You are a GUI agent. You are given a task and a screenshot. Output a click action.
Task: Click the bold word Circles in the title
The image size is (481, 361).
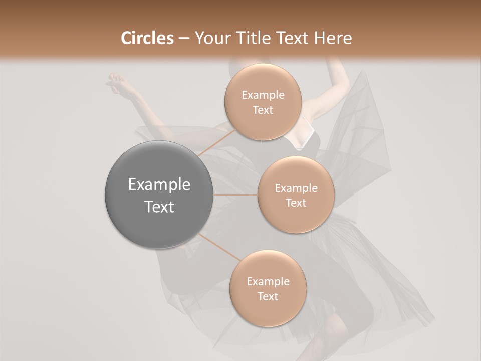tap(147, 38)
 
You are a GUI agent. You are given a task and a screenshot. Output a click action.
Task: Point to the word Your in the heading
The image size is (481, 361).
tap(209, 38)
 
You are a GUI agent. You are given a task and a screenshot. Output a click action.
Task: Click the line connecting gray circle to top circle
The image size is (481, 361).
tap(216, 143)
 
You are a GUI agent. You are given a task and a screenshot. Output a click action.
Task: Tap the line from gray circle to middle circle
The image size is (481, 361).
tap(235, 195)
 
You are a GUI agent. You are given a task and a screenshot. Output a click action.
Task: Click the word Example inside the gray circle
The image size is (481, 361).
tap(159, 185)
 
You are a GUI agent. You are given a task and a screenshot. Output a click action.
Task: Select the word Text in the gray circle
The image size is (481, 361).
tap(159, 207)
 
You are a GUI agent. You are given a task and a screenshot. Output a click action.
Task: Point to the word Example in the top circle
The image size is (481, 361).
tap(263, 95)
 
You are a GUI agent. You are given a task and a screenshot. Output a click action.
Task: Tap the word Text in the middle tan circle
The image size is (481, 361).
tap(296, 203)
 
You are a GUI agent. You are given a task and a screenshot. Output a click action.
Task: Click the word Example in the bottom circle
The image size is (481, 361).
tap(268, 282)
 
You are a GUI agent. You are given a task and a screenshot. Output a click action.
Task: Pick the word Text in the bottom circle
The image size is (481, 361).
tap(268, 297)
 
